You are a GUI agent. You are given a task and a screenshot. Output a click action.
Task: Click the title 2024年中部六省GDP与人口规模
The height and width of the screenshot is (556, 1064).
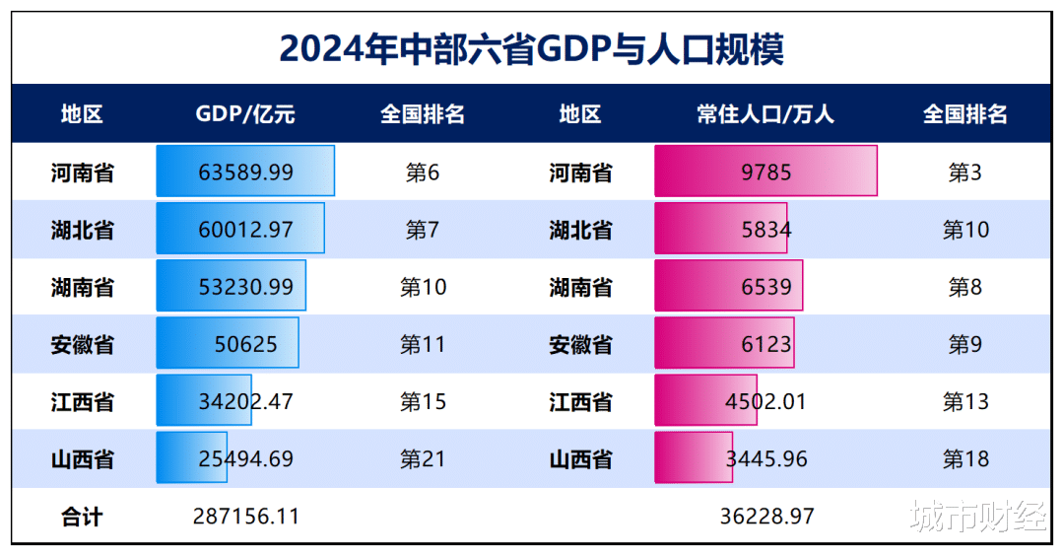tap(531, 46)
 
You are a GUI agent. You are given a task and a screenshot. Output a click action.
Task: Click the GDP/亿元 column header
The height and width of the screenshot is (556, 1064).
tap(245, 114)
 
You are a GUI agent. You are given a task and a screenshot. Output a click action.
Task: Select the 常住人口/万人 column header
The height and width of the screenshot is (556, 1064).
tap(765, 114)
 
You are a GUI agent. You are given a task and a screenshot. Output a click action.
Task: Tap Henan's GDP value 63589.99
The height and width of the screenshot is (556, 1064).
tap(245, 172)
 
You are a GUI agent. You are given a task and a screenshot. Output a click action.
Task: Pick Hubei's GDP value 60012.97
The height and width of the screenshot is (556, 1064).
tap(245, 230)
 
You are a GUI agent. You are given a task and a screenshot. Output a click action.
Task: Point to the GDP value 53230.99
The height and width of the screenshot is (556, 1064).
tap(245, 287)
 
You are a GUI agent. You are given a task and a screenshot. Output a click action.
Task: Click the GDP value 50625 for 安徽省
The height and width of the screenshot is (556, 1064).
tap(245, 344)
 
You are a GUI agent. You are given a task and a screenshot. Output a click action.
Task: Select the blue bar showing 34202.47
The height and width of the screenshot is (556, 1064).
tap(204, 401)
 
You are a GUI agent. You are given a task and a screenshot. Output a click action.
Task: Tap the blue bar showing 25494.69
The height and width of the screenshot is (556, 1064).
tap(191, 458)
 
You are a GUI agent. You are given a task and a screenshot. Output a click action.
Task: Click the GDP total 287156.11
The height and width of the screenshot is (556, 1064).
tap(245, 516)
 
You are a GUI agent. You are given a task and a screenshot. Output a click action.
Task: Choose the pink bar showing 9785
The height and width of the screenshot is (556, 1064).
tap(765, 172)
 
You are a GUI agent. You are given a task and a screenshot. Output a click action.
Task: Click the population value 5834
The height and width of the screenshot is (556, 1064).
tap(765, 230)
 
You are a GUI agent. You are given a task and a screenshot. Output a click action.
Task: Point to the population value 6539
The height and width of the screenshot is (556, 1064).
tap(765, 287)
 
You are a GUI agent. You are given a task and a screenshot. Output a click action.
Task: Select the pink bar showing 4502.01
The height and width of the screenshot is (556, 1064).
tap(705, 401)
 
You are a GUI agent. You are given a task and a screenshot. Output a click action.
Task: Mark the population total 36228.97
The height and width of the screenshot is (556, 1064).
tap(765, 516)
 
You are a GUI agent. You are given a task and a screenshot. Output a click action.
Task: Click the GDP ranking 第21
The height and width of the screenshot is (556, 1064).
tap(423, 458)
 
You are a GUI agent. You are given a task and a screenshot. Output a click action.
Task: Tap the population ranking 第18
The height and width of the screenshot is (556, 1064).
tap(965, 458)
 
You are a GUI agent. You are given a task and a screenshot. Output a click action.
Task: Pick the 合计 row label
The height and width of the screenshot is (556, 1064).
tap(82, 516)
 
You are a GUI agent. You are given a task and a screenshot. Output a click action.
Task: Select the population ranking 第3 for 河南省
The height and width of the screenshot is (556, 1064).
tap(965, 173)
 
